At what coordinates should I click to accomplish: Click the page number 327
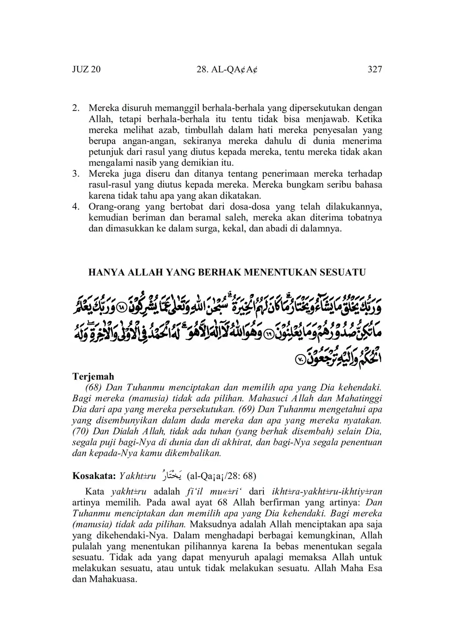pos(375,70)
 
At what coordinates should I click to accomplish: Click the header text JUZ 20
pos(86,70)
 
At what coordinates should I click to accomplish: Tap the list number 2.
pos(75,108)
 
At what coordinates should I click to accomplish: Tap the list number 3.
pos(75,174)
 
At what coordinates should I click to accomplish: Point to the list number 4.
pos(75,207)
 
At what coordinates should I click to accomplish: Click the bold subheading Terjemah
pos(93,376)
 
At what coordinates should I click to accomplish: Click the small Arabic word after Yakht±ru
pos(174,475)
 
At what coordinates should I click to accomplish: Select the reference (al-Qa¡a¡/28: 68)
pos(221,475)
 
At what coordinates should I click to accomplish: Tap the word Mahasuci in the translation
pos(258,399)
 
